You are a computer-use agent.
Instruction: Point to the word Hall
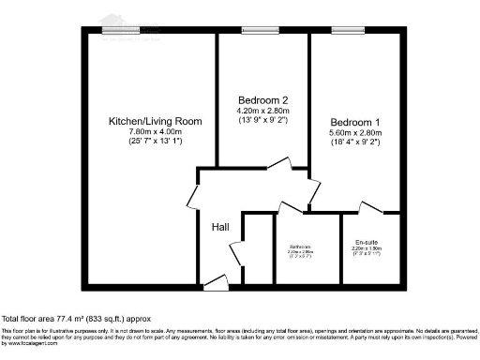point(219,227)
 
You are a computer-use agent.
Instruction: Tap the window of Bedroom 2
point(254,31)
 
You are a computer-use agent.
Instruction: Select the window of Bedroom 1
point(346,31)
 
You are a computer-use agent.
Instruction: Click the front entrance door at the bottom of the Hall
point(217,280)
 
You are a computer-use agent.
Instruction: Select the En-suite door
point(368,208)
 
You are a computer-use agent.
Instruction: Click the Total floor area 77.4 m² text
point(76,319)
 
